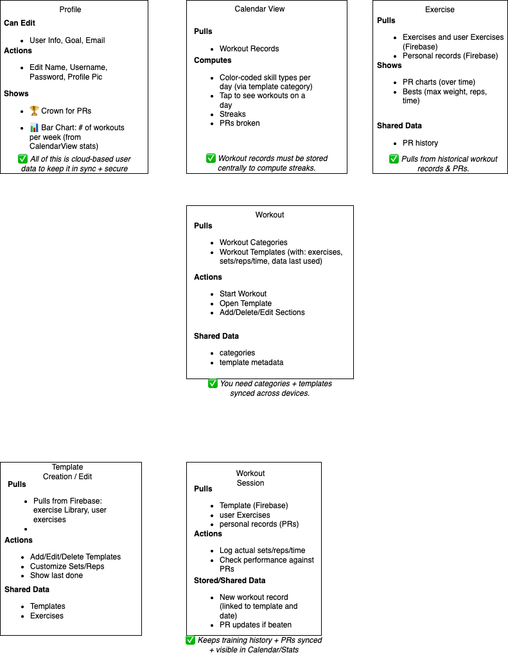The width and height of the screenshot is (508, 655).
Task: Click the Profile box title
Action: [x=70, y=10]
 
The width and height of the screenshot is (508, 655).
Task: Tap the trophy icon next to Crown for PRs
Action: [x=34, y=111]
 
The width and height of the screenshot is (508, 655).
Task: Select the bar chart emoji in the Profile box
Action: [x=34, y=128]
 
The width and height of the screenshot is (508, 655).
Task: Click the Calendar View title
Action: [x=259, y=9]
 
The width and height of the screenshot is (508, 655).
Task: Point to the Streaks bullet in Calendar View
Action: [x=232, y=114]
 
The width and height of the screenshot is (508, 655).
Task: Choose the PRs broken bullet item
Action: [x=240, y=123]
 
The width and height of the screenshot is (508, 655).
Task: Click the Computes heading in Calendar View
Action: [x=213, y=60]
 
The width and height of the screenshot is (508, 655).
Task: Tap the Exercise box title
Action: [x=440, y=10]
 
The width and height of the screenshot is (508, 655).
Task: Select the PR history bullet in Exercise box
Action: [x=420, y=143]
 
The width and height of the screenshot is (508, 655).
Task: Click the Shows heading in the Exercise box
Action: [x=389, y=65]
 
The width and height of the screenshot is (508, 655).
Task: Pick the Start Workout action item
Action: [x=243, y=294]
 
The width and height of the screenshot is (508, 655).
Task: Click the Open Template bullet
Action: [x=245, y=303]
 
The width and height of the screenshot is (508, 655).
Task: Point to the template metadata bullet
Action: [x=251, y=362]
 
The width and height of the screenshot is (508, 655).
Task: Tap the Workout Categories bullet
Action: [x=253, y=242]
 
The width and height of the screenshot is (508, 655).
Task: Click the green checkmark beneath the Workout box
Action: [x=213, y=384]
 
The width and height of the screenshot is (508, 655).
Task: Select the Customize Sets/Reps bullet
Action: [x=67, y=566]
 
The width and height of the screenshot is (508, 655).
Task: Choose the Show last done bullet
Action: [x=57, y=575]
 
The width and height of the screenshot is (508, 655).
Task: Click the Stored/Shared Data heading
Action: [x=229, y=581]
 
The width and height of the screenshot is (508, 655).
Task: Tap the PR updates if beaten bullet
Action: [x=256, y=625]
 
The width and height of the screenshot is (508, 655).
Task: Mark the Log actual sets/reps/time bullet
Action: [x=262, y=550]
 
